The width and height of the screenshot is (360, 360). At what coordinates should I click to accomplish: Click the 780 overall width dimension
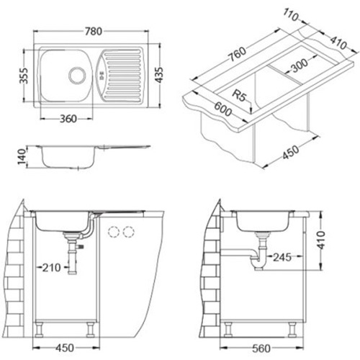point(94,31)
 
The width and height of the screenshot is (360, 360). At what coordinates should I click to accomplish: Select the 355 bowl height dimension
point(24,76)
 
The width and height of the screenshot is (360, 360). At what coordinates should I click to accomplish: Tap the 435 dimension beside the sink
point(159,75)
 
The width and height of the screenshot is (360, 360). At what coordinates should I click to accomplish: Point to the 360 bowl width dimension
point(68,119)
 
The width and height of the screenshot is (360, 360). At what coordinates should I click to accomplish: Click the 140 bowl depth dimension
point(22,156)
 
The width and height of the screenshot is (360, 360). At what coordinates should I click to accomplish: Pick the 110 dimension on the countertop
point(291,15)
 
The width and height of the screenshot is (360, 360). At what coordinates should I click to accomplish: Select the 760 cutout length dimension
point(237,54)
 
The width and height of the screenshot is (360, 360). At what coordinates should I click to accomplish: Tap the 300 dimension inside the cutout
point(298,66)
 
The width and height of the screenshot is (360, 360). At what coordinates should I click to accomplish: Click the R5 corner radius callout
point(239,95)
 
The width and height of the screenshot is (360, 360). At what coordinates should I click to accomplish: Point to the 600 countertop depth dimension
point(223,109)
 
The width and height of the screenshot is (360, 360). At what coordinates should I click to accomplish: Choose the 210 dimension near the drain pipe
point(51,267)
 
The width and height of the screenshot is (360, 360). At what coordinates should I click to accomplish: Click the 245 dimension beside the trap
point(282,257)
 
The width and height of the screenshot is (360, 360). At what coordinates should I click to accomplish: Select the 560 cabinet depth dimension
point(261,348)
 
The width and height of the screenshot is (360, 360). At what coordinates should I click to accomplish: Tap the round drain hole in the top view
point(77,75)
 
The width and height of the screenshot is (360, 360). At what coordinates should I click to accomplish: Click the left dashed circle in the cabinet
point(114,232)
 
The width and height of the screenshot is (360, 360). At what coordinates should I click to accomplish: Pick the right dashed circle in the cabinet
point(128,232)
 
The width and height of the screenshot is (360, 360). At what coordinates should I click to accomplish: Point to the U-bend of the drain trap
point(259,264)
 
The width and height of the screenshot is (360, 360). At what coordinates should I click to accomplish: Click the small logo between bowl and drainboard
point(102,76)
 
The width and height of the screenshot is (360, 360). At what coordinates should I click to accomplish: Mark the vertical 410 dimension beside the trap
point(320,240)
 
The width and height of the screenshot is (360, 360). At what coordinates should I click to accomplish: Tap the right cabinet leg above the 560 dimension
point(292,329)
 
